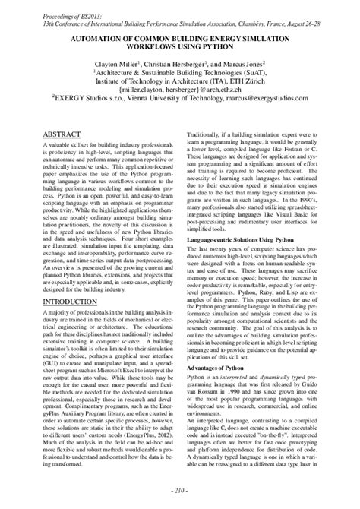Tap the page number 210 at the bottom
tap(179, 488)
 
